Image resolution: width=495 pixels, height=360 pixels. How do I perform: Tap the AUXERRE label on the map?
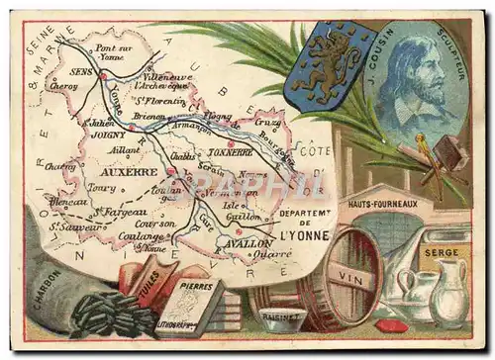(129, 171)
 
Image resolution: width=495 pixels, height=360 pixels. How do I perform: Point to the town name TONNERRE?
(230, 153)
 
